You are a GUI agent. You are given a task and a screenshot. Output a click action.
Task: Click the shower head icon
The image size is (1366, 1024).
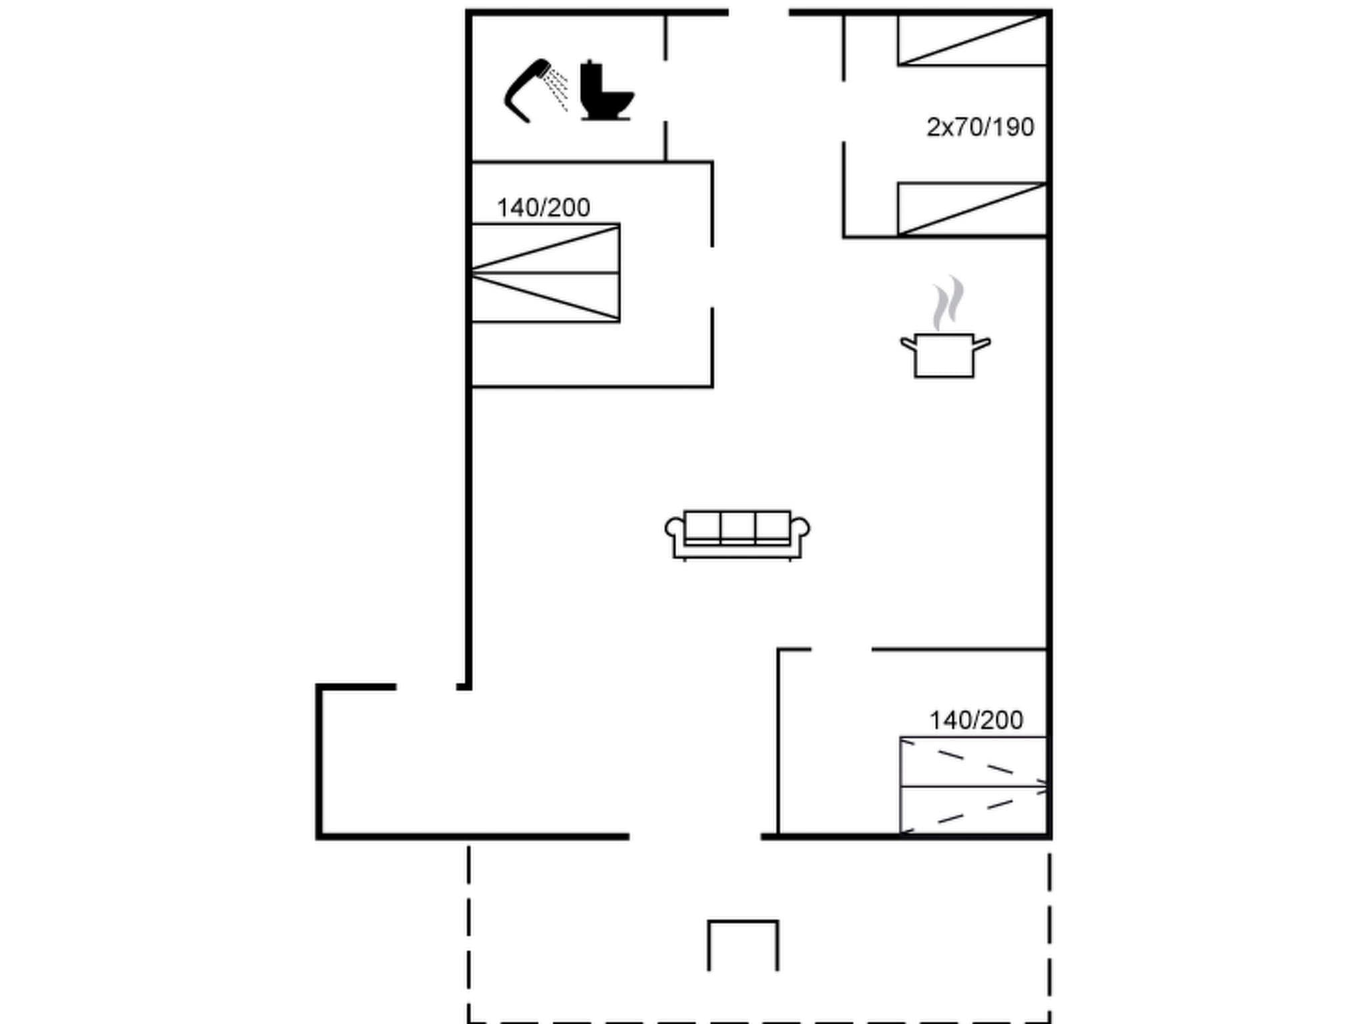click(x=534, y=90)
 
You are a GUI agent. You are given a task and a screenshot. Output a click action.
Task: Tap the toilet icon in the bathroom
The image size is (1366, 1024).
click(x=605, y=91)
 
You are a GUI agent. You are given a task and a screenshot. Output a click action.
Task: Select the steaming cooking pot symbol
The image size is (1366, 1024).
click(x=944, y=355)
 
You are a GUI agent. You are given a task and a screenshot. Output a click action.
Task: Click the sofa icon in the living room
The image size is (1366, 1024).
click(x=737, y=534)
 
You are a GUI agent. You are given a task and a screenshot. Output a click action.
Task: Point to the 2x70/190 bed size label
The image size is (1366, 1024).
click(x=980, y=127)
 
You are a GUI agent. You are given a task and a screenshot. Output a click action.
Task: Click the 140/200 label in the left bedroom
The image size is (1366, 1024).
click(x=543, y=208)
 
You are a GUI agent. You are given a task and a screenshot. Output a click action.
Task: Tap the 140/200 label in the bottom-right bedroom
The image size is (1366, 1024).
click(x=976, y=720)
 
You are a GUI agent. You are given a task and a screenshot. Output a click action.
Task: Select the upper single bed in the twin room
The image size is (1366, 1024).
click(x=972, y=40)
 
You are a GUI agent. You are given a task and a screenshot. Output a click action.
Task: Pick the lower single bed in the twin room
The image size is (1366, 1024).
click(x=972, y=209)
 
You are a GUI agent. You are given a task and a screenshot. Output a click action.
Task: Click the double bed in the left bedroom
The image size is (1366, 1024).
click(x=546, y=273)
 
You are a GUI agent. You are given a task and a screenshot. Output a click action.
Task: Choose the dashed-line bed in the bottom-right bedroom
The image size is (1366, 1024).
click(x=973, y=785)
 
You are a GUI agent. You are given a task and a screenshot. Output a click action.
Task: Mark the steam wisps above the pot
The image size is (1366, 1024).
click(x=948, y=303)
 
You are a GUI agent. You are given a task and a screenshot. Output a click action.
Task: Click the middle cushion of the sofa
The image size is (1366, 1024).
click(x=737, y=527)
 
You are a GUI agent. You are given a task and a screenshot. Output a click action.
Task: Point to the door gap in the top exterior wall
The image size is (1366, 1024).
click(x=758, y=12)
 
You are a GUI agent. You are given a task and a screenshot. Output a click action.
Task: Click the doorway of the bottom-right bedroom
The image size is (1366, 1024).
click(x=841, y=649)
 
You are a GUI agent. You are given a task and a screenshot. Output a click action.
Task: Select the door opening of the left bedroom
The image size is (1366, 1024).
click(x=712, y=277)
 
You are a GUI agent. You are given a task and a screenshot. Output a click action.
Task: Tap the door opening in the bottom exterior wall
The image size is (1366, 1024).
click(x=694, y=836)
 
